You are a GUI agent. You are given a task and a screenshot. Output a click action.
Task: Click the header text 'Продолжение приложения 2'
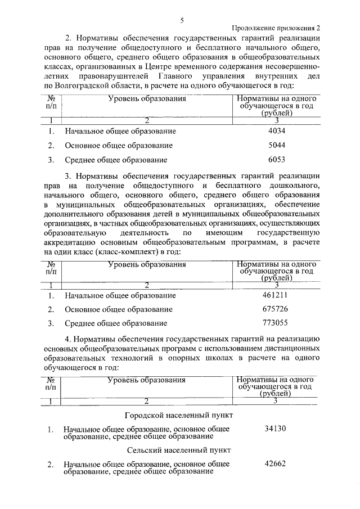point(276,28)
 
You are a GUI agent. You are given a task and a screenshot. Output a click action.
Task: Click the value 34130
point(276,429)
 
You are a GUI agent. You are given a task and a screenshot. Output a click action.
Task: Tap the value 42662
point(276,464)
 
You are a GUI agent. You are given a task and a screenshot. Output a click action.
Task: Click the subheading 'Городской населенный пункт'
point(178,415)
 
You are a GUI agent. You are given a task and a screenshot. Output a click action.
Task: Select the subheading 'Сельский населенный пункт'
point(179,450)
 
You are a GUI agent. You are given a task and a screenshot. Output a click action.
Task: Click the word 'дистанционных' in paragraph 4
point(292,349)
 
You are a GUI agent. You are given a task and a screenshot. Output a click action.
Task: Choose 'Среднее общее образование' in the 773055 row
point(116,323)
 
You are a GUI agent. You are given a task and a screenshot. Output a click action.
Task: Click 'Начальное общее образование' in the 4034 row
point(120,132)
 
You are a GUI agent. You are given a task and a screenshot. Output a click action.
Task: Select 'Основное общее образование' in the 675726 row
point(118,309)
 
